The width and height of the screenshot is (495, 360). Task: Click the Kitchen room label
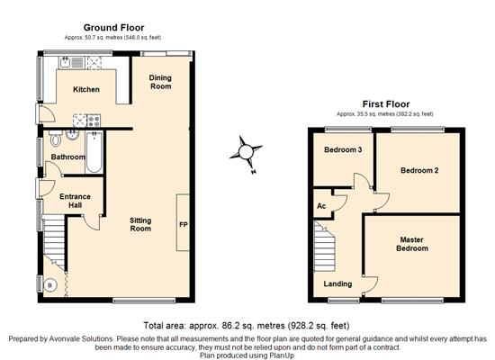coord(86,89)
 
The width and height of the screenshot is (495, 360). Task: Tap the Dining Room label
coord(160,82)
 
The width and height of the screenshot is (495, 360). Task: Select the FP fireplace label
coord(184,224)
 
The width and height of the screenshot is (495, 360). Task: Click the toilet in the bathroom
coord(56,138)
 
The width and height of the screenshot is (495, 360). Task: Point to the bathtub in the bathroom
coord(94,152)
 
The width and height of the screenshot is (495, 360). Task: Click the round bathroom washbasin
coord(73,136)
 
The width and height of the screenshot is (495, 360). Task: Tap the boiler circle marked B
coord(49,285)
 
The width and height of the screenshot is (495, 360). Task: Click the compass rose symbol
coord(246,153)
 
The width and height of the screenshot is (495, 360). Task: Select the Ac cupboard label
coord(321,206)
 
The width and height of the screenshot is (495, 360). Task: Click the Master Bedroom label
coord(412,244)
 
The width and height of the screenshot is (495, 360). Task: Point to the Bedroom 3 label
coord(343,149)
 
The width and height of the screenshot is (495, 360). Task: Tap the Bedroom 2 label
coord(419,170)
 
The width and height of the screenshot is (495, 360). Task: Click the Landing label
coord(337,283)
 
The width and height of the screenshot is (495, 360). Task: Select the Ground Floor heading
coord(114,28)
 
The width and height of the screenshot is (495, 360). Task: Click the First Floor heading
coord(386,104)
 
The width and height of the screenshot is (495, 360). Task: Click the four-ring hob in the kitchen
coord(94,121)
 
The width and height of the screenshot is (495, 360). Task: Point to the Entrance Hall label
coord(75,201)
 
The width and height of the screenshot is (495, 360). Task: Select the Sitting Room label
coord(140,224)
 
